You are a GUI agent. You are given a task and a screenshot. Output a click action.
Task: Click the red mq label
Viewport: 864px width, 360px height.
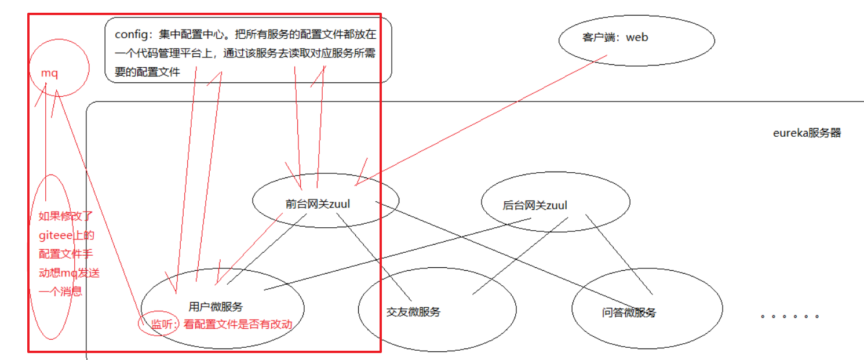[49, 74]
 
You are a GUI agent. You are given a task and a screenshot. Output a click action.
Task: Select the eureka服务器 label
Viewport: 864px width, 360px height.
[807, 133]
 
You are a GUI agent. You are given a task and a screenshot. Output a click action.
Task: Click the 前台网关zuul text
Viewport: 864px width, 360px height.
[318, 204]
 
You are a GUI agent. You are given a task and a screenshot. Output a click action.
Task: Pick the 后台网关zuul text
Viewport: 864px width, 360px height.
[535, 205]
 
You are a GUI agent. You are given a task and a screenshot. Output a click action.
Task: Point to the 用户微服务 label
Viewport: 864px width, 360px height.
[216, 307]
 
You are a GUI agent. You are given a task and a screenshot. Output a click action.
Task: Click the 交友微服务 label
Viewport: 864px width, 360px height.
[413, 312]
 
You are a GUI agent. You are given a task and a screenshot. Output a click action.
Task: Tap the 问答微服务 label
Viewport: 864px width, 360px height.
[629, 313]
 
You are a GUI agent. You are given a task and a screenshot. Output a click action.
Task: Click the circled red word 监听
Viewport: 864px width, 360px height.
[163, 324]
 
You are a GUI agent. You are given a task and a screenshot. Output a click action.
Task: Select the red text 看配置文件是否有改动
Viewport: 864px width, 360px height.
[238, 324]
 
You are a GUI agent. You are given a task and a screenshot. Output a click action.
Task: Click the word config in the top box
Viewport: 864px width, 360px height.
[128, 34]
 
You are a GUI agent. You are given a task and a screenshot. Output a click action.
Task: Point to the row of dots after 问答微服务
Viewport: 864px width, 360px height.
[790, 317]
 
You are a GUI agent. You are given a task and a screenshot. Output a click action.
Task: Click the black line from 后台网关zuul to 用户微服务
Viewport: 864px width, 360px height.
[400, 253]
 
